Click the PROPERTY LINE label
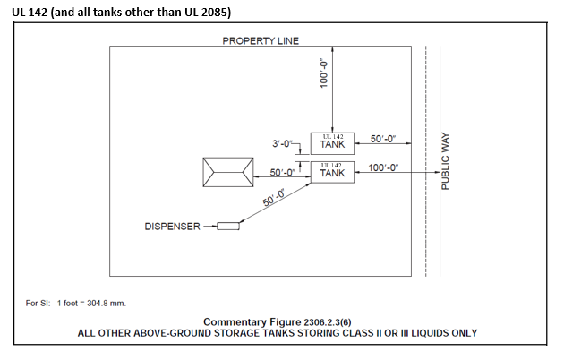(x=261, y=40)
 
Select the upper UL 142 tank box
(x=332, y=141)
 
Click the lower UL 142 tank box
(x=332, y=170)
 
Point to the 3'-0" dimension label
(x=285, y=143)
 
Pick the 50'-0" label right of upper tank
(x=385, y=139)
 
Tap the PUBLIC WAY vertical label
(x=445, y=161)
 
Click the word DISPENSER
(x=172, y=227)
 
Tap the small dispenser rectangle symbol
(x=229, y=226)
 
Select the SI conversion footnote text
(x=75, y=303)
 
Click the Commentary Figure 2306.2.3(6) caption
(x=278, y=321)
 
